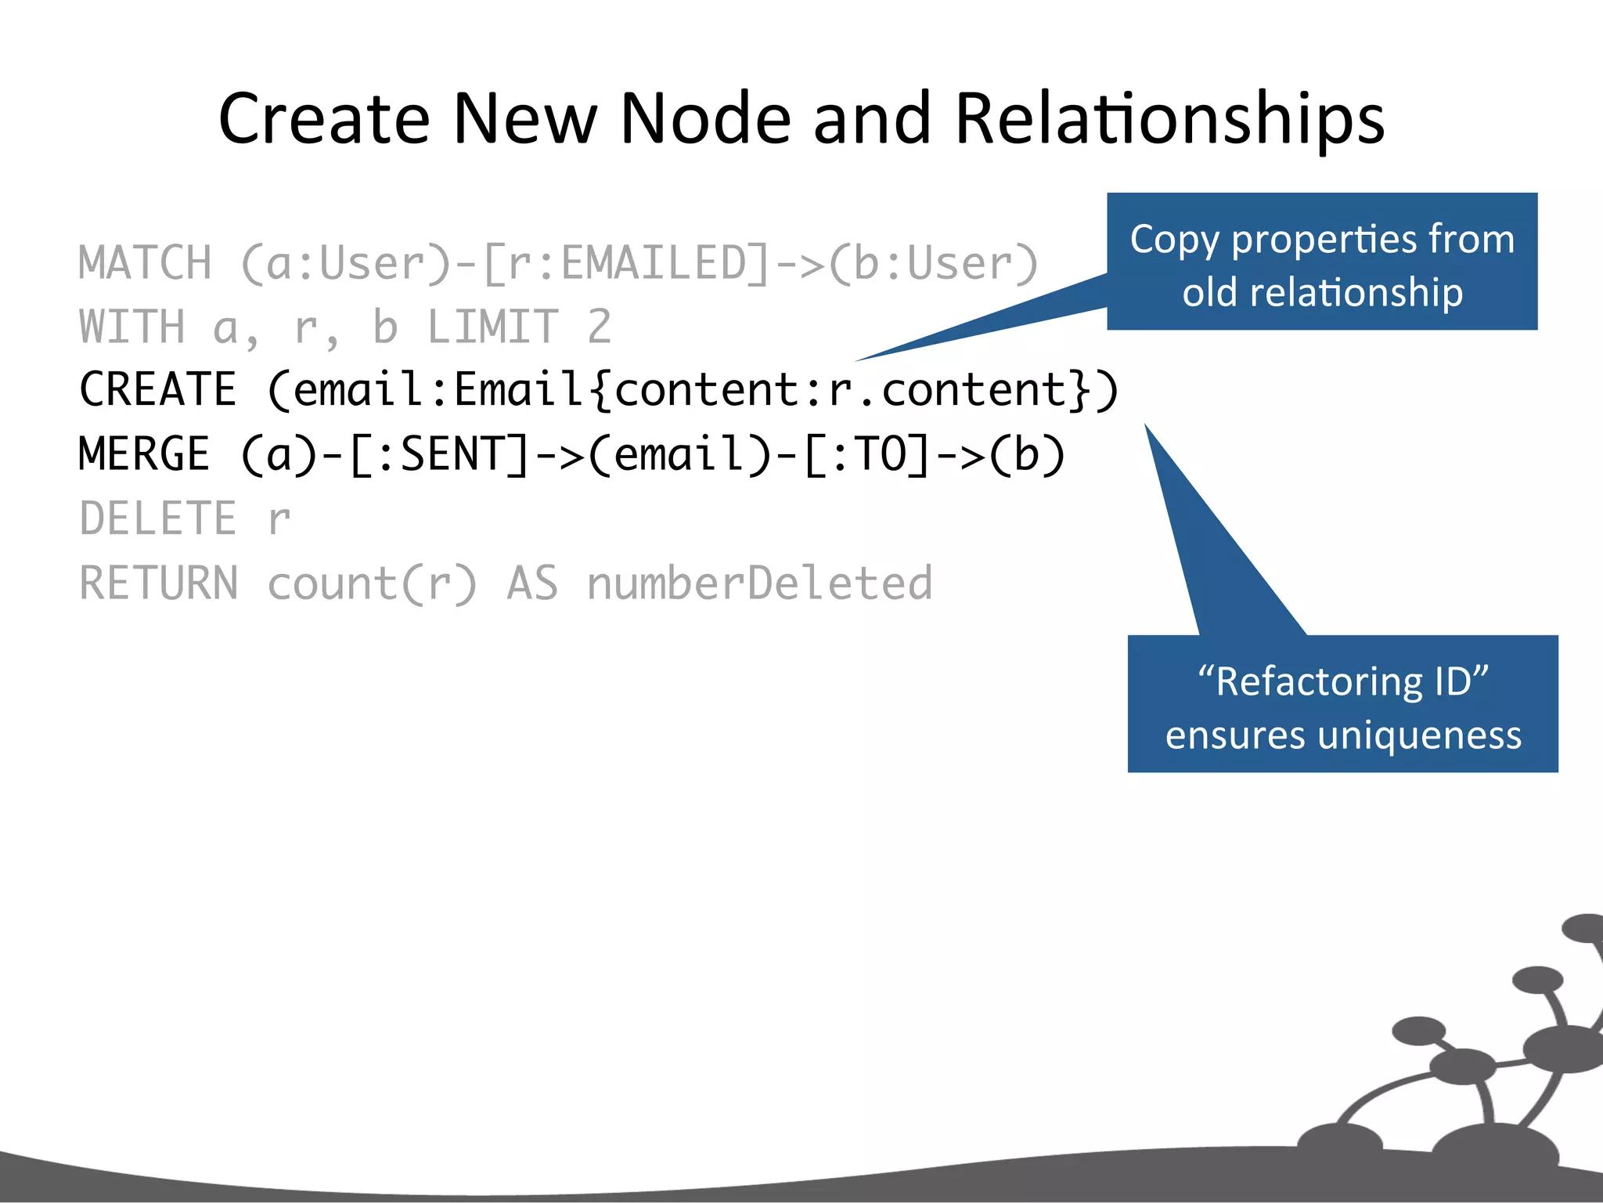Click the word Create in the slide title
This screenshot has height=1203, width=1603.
[x=324, y=119]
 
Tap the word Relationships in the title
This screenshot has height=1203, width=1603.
[x=1169, y=119]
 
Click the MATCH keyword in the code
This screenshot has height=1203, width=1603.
[x=146, y=263]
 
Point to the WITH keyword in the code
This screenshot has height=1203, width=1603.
[x=132, y=327]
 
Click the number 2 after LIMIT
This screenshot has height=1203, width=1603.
[x=599, y=327]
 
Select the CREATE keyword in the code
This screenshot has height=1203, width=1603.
[x=158, y=390]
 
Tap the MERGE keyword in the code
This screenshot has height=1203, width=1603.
[x=145, y=454]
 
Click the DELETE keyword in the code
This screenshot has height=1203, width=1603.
[x=158, y=518]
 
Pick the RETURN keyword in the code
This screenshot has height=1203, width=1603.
[x=159, y=583]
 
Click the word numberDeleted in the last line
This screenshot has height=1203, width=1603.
[x=759, y=583]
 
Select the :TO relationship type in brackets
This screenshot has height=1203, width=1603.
[x=869, y=454]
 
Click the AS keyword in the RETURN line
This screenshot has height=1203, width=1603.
[x=532, y=583]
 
